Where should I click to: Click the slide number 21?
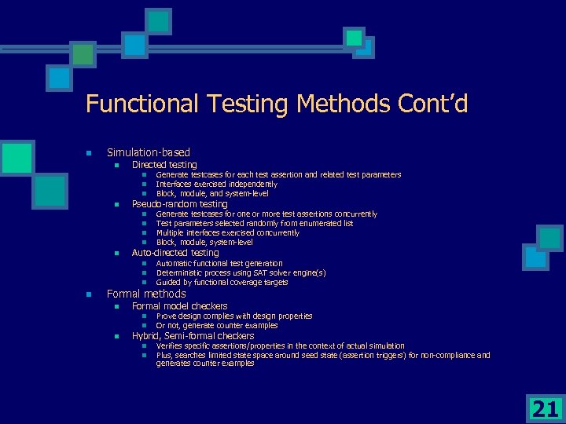pos(545,408)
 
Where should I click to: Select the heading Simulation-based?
pos(149,152)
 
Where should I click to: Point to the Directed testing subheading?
pos(164,165)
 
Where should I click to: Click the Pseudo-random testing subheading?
pos(180,204)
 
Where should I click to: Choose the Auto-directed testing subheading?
pos(175,253)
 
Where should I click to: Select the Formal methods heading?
pos(146,294)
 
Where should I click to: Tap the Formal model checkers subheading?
pos(180,306)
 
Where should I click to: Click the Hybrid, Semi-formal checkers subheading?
pos(193,336)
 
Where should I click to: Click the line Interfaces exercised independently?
pos(217,184)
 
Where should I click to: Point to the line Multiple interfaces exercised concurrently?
pos(228,232)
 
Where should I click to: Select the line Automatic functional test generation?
pos(219,263)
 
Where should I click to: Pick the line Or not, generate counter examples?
pos(217,325)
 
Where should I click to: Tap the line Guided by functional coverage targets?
pos(222,282)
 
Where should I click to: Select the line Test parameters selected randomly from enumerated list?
pos(255,223)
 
